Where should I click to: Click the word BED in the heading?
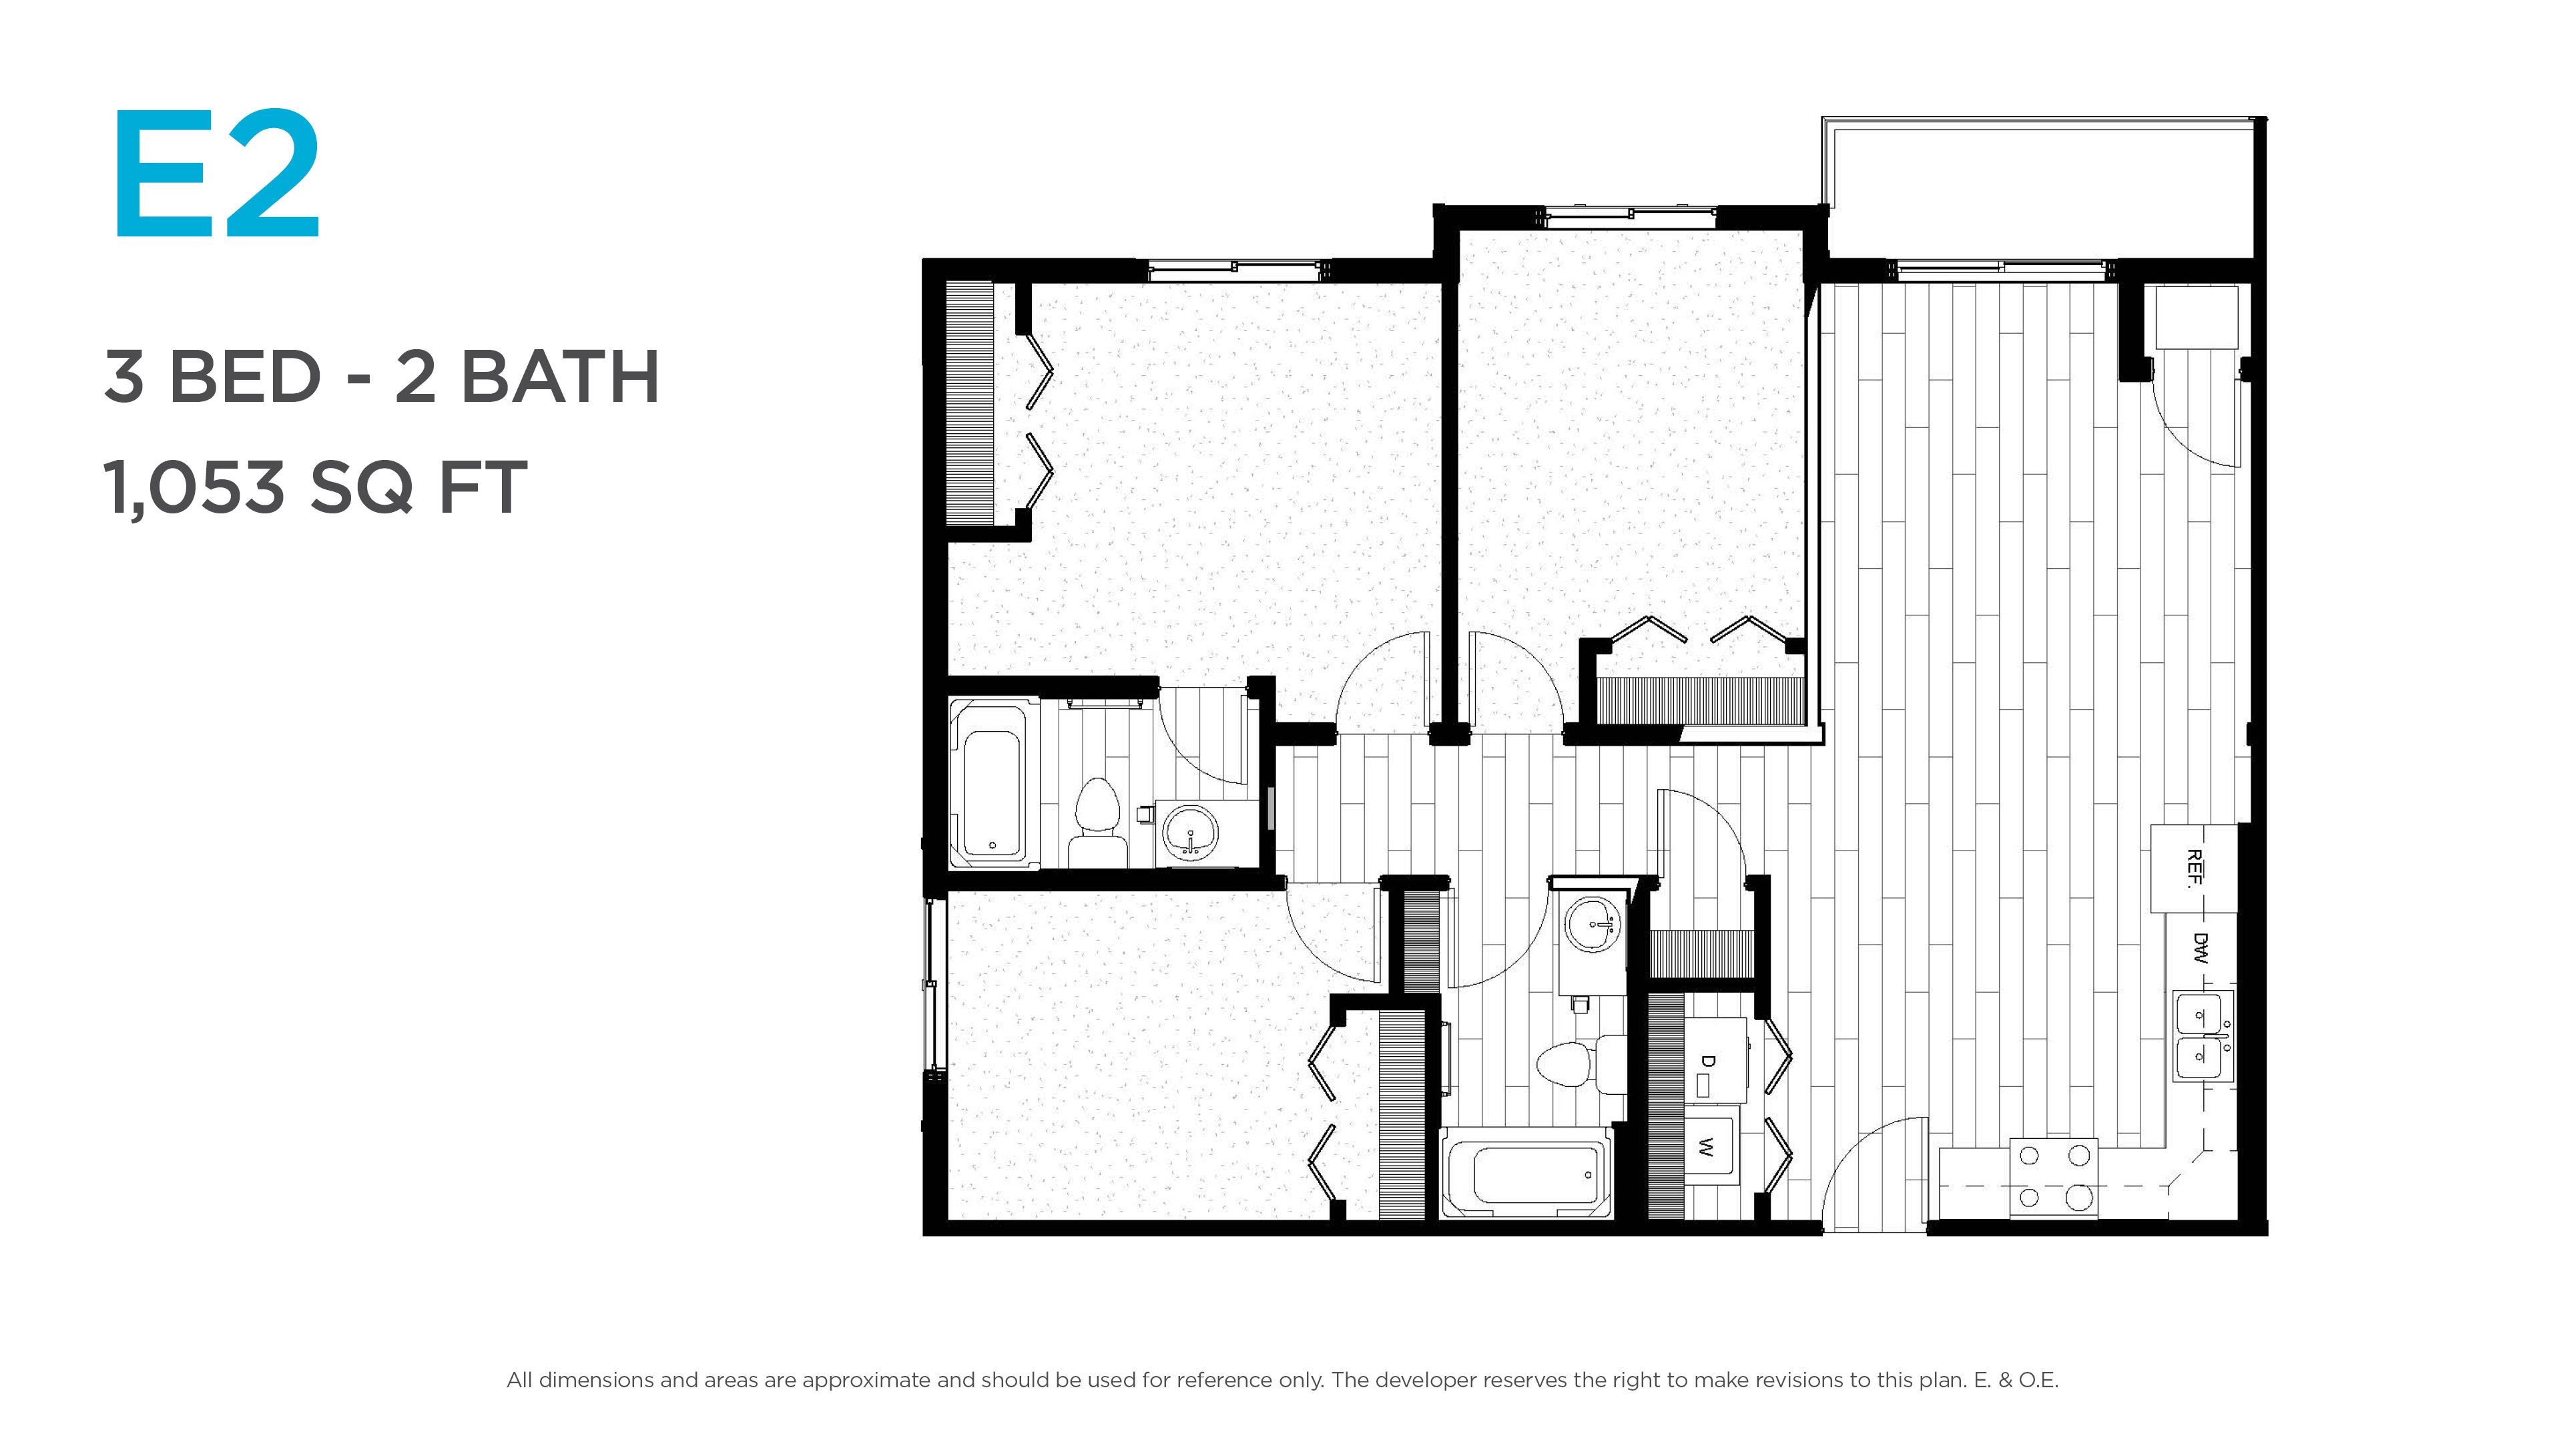[x=246, y=377]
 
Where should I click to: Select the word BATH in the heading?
[x=560, y=377]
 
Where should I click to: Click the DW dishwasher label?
[x=2200, y=949]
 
